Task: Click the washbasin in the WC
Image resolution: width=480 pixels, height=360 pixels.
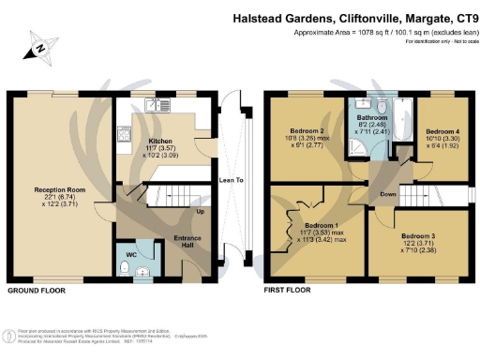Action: (x=143, y=273)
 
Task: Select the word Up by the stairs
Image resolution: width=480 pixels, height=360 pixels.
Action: (x=199, y=211)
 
